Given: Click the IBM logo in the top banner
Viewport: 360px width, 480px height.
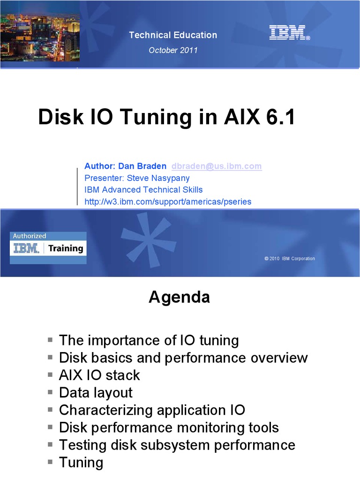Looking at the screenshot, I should click(289, 33).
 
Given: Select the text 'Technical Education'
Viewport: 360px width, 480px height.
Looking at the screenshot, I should click(173, 35).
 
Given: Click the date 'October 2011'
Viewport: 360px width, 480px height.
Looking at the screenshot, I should click(173, 50).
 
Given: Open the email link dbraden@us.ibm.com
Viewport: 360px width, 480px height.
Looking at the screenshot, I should click(217, 166).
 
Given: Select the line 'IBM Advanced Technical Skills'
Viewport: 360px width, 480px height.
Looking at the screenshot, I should click(143, 190).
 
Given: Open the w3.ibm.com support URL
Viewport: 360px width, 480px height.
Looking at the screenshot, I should click(168, 202).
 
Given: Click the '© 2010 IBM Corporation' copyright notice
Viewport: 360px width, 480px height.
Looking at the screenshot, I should click(289, 259).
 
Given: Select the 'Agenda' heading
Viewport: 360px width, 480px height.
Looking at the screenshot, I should click(179, 297).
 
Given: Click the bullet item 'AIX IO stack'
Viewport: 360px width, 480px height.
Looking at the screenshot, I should click(99, 375).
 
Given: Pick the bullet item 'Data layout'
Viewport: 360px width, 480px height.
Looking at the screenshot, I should click(96, 393).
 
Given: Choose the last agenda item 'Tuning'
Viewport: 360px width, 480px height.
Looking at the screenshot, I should click(81, 463).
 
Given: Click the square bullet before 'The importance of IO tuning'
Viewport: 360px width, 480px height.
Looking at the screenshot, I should click(51, 339).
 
